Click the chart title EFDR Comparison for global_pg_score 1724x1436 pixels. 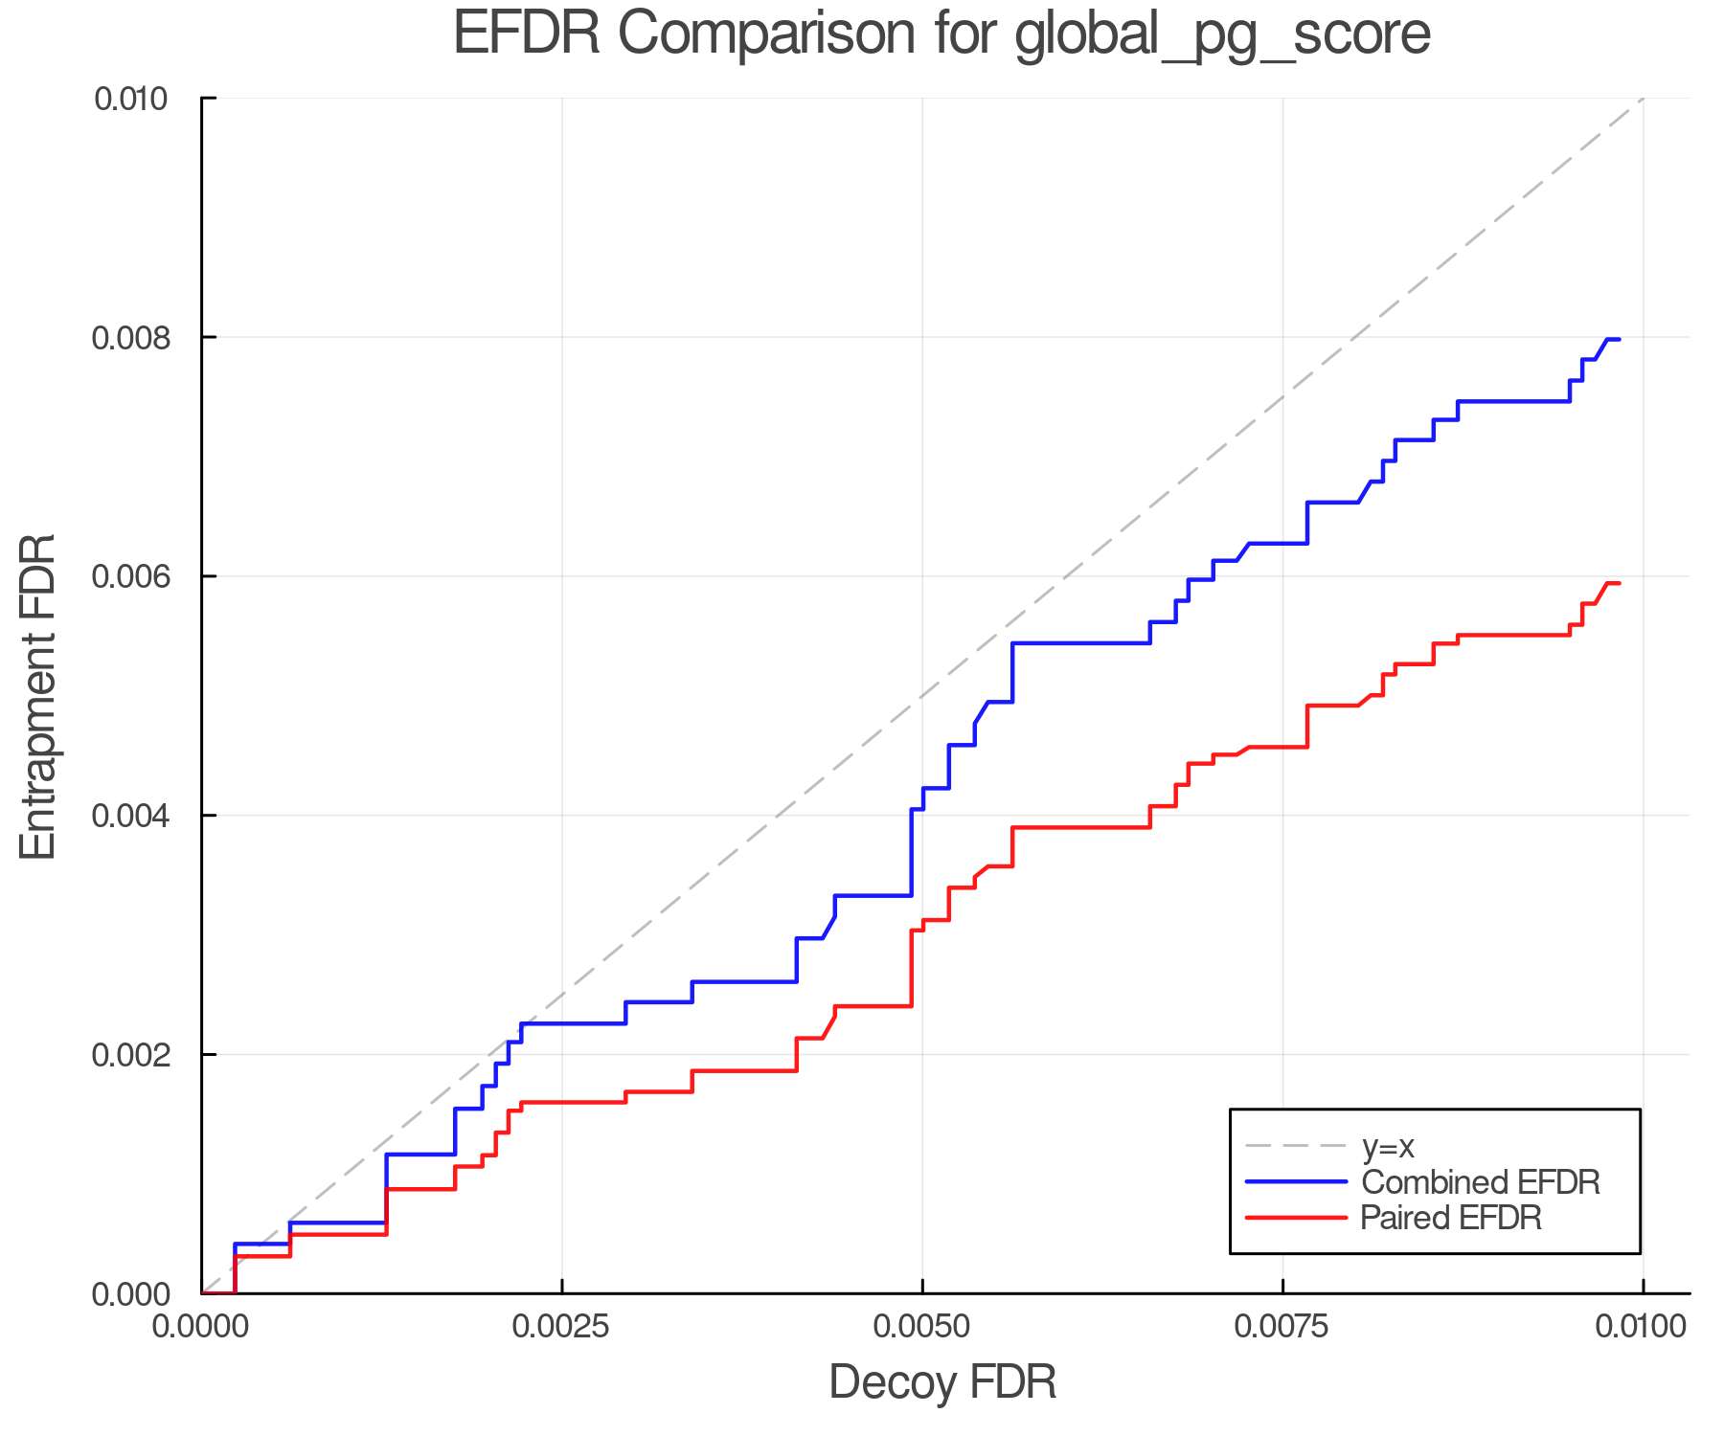pos(941,34)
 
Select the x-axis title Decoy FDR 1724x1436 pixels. pos(941,1382)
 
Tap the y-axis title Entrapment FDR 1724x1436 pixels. pos(38,696)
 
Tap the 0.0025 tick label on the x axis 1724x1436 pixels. pos(561,1327)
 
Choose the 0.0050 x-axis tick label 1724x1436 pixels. pos(921,1327)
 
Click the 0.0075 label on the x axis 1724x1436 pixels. pos(1282,1327)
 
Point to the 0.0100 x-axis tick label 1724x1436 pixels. pos(1642,1327)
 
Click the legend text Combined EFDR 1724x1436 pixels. pos(1481,1182)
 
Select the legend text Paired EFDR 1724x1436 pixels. pos(1451,1218)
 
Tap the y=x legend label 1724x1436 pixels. pos(1388,1146)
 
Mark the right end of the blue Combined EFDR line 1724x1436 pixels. pos(1619,340)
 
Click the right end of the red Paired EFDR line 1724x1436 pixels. pos(1619,583)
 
